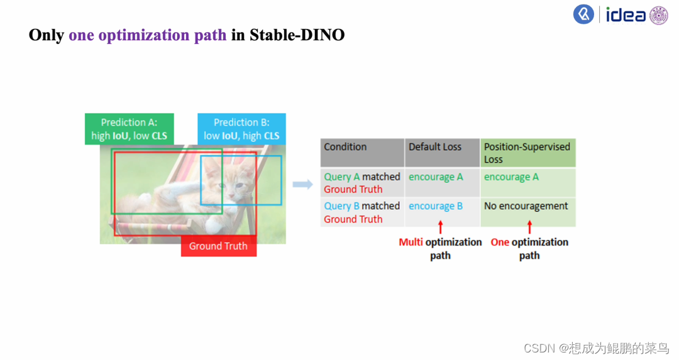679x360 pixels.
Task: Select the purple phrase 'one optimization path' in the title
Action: [147, 35]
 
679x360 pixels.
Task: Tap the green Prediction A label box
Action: [130, 129]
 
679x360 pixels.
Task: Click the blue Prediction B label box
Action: [241, 129]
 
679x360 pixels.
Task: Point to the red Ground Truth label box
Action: [218, 246]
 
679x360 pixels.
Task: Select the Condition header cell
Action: [362, 153]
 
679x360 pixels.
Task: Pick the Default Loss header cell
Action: [442, 153]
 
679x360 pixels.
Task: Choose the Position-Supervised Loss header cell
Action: [527, 153]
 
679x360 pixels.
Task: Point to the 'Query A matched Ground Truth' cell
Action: [362, 183]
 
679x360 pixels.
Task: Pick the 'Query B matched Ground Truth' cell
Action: [362, 212]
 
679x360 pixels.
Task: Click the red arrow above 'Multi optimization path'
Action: [440, 227]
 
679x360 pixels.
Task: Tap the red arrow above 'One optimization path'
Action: [529, 227]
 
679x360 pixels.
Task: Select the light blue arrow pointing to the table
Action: [303, 184]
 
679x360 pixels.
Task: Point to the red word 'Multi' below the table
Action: [411, 242]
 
